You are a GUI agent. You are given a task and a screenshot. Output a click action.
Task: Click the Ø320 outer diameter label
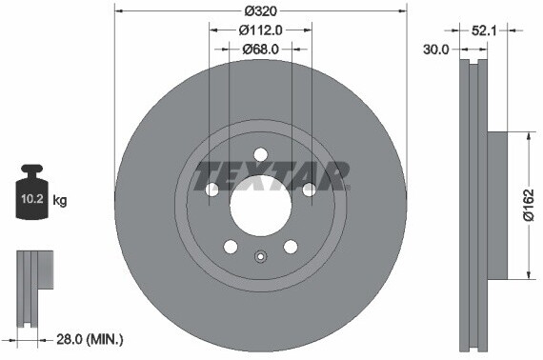tap(259, 10)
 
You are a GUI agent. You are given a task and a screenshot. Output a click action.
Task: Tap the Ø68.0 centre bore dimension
tap(259, 49)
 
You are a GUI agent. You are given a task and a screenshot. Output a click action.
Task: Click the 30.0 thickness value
tap(435, 50)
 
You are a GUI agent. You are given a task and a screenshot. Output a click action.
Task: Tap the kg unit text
tap(60, 200)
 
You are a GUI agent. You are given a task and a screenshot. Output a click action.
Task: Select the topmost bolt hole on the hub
tap(260, 155)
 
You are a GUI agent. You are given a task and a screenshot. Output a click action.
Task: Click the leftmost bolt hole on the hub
tap(211, 190)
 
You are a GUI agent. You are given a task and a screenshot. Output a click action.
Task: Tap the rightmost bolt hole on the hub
tap(309, 190)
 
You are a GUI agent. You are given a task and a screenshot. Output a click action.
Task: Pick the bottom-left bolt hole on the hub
tap(231, 247)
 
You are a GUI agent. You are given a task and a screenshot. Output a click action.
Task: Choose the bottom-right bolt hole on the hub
tap(290, 247)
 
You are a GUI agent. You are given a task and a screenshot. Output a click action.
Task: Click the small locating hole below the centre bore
tap(260, 255)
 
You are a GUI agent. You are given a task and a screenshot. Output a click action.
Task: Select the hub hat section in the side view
tap(495, 205)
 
